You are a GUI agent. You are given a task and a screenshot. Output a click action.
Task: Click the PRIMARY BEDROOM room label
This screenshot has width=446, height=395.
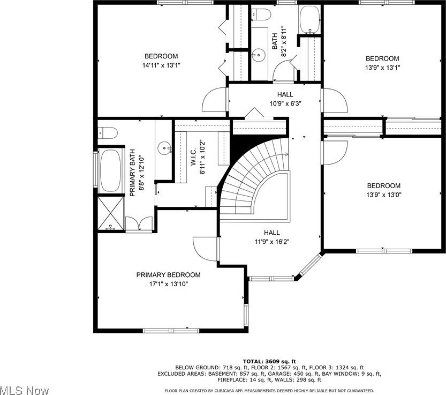(168, 275)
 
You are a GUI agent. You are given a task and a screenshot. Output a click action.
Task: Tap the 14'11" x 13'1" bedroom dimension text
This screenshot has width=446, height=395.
(161, 66)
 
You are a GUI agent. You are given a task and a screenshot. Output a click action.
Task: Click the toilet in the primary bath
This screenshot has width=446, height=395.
(105, 132)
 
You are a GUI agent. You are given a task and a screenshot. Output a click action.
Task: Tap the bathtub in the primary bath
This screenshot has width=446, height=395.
(111, 170)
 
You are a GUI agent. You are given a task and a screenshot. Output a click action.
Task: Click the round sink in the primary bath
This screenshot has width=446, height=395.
(163, 146)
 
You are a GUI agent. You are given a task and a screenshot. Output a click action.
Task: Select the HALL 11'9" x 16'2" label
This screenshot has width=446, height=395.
(271, 237)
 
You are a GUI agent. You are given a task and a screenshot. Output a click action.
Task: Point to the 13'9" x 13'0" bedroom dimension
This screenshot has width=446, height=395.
(383, 195)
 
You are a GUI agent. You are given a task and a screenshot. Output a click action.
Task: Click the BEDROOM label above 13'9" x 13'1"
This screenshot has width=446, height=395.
(382, 58)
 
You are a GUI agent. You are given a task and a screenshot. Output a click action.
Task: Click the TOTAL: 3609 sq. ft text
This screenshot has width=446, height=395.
(269, 361)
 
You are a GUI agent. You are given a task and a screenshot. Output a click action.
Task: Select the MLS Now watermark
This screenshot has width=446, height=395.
(25, 389)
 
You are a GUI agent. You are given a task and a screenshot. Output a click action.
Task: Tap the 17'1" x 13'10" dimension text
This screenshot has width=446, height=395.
(168, 284)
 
